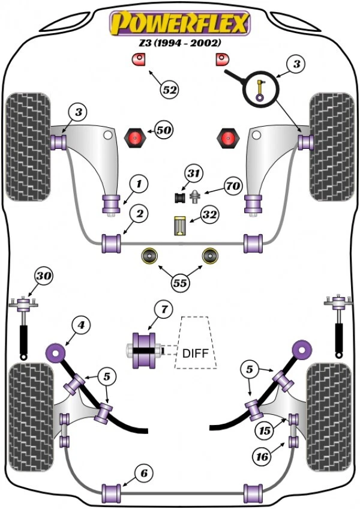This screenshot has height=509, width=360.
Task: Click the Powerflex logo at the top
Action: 180,23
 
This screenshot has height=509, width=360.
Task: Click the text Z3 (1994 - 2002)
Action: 180,43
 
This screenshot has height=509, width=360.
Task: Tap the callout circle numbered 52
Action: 170,89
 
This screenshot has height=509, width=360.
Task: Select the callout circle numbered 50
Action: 164,130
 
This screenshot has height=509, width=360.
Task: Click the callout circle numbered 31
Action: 193,173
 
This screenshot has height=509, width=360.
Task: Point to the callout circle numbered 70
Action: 233,185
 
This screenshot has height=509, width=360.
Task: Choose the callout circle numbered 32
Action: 210,214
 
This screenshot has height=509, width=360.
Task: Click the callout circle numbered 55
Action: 180,283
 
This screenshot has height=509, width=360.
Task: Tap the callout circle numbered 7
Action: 164,309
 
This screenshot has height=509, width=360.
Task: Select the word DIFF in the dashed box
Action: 196,353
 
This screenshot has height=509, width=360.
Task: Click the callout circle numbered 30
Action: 44,276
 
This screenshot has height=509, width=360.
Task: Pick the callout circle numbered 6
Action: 144,474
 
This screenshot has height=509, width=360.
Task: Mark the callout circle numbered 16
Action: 262,457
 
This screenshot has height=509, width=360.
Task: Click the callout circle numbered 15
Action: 265,430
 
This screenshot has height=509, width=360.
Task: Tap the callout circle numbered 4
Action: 81,325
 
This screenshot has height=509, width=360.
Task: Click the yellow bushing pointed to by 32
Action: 179,226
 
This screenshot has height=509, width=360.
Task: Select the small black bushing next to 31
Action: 179,197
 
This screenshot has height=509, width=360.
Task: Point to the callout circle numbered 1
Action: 139,184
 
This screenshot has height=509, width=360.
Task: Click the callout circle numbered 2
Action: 139,214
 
